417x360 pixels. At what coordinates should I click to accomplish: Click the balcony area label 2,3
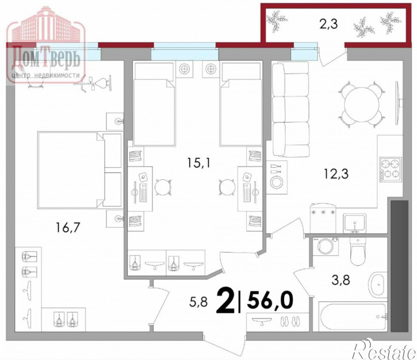(x=328, y=24)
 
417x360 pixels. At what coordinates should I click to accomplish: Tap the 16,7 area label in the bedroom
(x=68, y=227)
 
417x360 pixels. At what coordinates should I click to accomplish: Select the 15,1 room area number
(x=198, y=162)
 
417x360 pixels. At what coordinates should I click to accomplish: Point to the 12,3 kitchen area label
(x=336, y=174)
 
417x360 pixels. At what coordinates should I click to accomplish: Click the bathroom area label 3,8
(x=341, y=279)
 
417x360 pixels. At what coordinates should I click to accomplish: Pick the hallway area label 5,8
(x=198, y=302)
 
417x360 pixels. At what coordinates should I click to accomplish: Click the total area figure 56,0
(x=270, y=300)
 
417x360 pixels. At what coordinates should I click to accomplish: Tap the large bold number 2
(x=226, y=300)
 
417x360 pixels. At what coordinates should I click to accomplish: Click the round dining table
(x=362, y=104)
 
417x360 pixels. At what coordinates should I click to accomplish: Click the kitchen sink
(x=354, y=223)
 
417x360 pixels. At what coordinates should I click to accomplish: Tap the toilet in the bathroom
(x=358, y=251)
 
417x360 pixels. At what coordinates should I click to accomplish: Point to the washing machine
(x=325, y=247)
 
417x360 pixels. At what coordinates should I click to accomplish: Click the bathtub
(x=353, y=317)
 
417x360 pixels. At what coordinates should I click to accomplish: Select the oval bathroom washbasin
(x=377, y=285)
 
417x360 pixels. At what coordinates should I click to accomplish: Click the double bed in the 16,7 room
(x=80, y=170)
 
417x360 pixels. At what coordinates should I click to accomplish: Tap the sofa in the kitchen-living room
(x=291, y=109)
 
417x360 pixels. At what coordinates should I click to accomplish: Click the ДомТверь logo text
(x=46, y=57)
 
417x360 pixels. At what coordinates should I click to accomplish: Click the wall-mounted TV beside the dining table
(x=398, y=103)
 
